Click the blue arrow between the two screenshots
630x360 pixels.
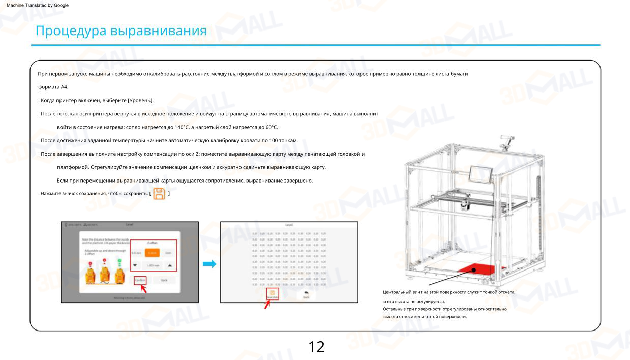[209, 264]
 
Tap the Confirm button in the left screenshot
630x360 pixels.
[140, 280]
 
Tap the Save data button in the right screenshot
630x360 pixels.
[272, 295]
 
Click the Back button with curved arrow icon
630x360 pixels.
[306, 294]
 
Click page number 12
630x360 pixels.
[316, 347]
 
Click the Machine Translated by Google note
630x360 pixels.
[35, 5]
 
